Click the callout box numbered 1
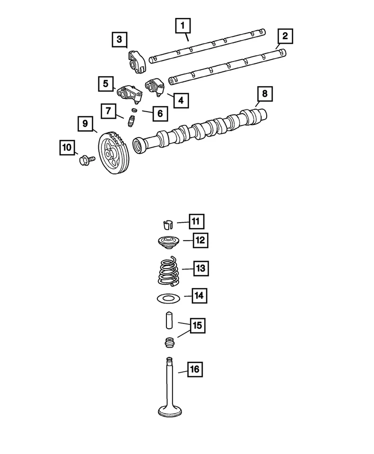[x=183, y=26]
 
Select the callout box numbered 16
[x=193, y=369]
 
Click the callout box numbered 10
[x=68, y=148]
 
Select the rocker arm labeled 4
[x=155, y=87]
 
